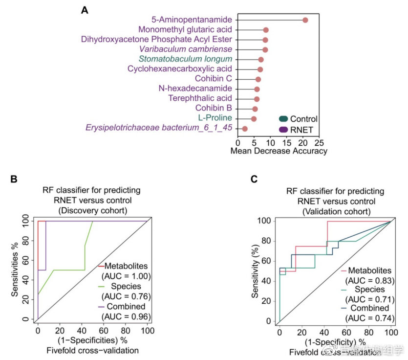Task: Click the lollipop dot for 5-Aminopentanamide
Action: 305,20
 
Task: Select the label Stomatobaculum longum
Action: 185,59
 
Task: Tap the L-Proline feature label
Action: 215,118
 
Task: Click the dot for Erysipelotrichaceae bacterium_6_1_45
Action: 245,129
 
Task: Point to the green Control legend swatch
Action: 283,119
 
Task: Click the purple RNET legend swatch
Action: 283,130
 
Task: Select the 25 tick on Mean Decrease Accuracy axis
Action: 319,143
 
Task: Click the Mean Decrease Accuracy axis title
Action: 279,151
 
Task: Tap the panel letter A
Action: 85,10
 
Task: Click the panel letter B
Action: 15,180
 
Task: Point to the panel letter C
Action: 254,180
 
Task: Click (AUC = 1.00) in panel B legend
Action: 125,276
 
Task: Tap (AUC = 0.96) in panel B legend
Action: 125,316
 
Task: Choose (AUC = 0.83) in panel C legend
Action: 368,281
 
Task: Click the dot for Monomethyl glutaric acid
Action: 266,30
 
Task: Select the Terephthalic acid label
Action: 207,98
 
